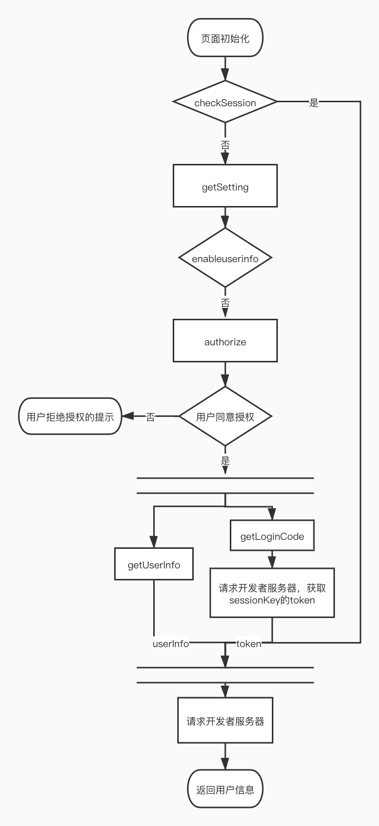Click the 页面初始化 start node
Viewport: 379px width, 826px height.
(x=225, y=38)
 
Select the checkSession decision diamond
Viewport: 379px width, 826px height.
(x=225, y=102)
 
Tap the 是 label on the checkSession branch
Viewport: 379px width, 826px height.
(x=314, y=103)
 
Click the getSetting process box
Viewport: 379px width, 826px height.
(x=225, y=186)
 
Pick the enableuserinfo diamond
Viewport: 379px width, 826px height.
(x=225, y=259)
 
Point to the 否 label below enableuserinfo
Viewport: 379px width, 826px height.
(x=225, y=303)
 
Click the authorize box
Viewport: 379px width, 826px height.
(x=225, y=342)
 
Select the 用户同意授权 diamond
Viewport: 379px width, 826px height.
(x=225, y=417)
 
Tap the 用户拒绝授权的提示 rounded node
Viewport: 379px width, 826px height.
(x=70, y=417)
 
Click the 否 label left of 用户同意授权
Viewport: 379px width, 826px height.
(x=151, y=417)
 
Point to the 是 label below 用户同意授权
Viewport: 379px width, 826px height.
(x=225, y=460)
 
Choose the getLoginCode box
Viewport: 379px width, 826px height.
(x=272, y=536)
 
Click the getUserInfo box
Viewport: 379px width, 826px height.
(x=154, y=565)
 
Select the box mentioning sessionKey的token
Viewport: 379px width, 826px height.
(x=272, y=593)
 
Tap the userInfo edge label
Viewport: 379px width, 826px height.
(x=171, y=644)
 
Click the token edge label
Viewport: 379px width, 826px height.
(x=249, y=644)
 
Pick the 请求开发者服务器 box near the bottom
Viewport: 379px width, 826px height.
(x=225, y=721)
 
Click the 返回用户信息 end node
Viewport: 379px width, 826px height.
(x=225, y=789)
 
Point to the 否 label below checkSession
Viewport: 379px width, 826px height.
(x=225, y=145)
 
